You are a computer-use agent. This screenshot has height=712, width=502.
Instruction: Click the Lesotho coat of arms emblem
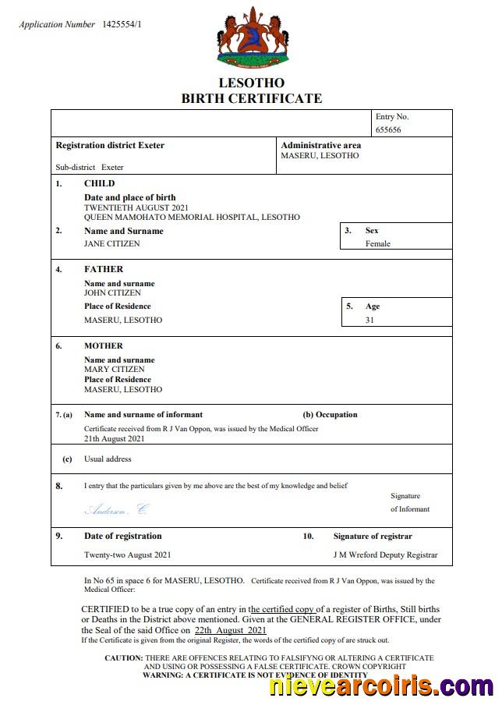tap(251, 37)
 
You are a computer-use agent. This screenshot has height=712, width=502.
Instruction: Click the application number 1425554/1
tap(122, 25)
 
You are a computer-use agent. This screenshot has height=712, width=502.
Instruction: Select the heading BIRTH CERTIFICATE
tap(251, 98)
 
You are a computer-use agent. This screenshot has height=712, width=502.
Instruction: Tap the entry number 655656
tap(388, 130)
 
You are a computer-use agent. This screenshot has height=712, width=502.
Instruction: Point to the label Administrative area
tap(320, 145)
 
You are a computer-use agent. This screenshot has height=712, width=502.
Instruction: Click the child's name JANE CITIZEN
tap(112, 243)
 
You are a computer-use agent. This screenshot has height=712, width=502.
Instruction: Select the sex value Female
tap(378, 243)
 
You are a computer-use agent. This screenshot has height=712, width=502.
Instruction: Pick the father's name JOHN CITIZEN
tap(112, 293)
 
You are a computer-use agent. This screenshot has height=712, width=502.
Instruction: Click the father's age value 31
tap(369, 320)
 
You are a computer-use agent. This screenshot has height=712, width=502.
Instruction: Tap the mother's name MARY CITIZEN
tap(114, 370)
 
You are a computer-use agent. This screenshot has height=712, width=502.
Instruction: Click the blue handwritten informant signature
tap(115, 509)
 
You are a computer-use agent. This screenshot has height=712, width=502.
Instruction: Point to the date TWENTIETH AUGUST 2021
tap(136, 207)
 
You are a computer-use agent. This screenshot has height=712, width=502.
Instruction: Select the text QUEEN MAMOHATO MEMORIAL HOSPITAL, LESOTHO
tap(192, 218)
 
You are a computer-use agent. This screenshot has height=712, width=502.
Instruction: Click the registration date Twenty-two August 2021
tap(127, 555)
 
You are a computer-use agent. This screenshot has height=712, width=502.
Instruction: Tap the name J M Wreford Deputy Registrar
tap(385, 555)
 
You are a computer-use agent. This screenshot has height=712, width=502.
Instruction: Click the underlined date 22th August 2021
tap(231, 630)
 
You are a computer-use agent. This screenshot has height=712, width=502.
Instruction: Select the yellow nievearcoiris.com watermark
tap(381, 686)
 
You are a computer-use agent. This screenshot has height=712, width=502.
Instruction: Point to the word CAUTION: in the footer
tap(124, 658)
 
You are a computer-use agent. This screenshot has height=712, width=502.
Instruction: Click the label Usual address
tap(108, 459)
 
